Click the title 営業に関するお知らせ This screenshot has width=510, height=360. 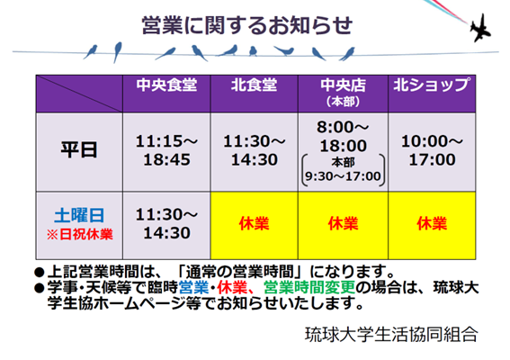point(247,25)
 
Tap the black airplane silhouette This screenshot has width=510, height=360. point(479,29)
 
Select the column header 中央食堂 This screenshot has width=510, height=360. point(166,85)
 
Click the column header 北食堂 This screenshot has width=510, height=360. point(254,85)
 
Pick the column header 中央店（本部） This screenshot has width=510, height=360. point(343,93)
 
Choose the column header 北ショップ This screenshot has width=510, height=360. point(432,85)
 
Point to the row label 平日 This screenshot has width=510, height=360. point(79,150)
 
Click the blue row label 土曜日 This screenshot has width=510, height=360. point(79,215)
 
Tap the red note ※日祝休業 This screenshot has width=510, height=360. point(79,234)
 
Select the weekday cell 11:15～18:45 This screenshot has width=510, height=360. point(166,150)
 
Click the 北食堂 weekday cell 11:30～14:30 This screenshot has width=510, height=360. point(254,150)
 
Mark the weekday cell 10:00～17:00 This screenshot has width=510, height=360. point(432,150)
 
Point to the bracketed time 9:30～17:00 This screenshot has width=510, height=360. point(343,176)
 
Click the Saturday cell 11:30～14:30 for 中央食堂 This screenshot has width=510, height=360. point(166,223)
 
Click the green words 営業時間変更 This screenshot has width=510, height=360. point(309,287)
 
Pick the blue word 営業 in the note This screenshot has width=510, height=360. point(193,287)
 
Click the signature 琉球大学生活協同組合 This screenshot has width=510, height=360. point(391,334)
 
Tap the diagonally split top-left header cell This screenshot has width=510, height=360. point(79,94)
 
